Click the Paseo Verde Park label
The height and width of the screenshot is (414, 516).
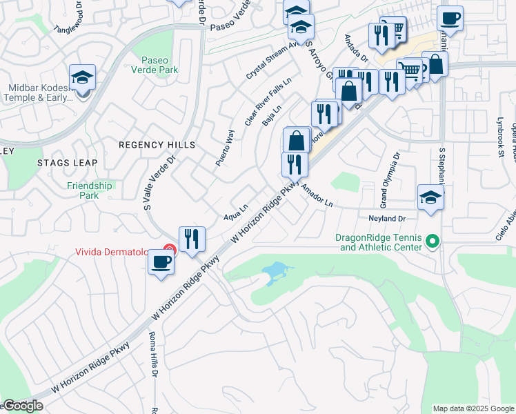tap(159, 65)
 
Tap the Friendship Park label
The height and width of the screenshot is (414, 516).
tap(90, 190)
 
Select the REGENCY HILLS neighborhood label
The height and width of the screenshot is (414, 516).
tap(157, 145)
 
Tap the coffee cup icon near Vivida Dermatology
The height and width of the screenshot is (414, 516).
tap(161, 262)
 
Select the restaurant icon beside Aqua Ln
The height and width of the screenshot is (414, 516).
tap(192, 239)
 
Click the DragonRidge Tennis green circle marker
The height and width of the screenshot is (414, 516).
tap(433, 241)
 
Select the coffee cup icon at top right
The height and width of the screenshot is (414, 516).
tap(450, 19)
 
